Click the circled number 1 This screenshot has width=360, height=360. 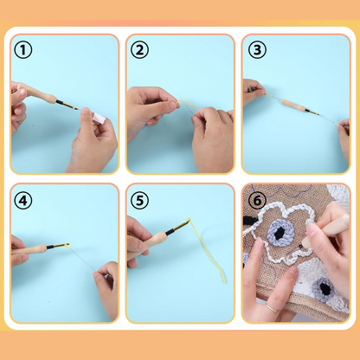click(x=24, y=50)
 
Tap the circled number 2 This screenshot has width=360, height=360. click(x=139, y=50)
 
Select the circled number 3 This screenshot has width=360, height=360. click(x=255, y=49)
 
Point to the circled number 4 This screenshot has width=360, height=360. click(x=24, y=200)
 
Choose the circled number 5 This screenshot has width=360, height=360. click(x=139, y=200)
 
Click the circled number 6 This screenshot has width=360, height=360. click(x=257, y=201)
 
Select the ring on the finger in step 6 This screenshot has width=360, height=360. click(x=272, y=305)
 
